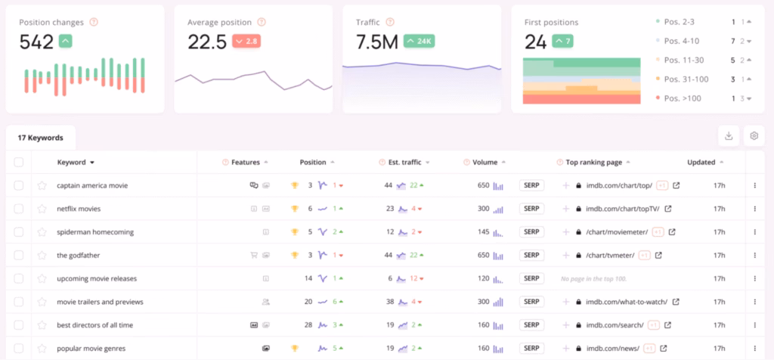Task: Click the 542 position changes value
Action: click(x=36, y=42)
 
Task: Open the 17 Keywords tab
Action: click(x=41, y=138)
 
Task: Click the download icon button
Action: click(x=729, y=136)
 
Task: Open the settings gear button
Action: click(x=754, y=136)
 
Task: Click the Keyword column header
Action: click(x=76, y=162)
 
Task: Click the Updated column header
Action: click(x=701, y=162)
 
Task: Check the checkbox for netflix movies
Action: click(x=19, y=209)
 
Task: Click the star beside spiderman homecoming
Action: click(x=42, y=232)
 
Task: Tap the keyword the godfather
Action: click(x=78, y=256)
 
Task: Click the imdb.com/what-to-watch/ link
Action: click(x=627, y=302)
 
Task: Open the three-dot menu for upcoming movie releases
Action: click(x=754, y=279)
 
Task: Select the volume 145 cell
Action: click(x=483, y=232)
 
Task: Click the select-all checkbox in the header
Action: click(x=19, y=162)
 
